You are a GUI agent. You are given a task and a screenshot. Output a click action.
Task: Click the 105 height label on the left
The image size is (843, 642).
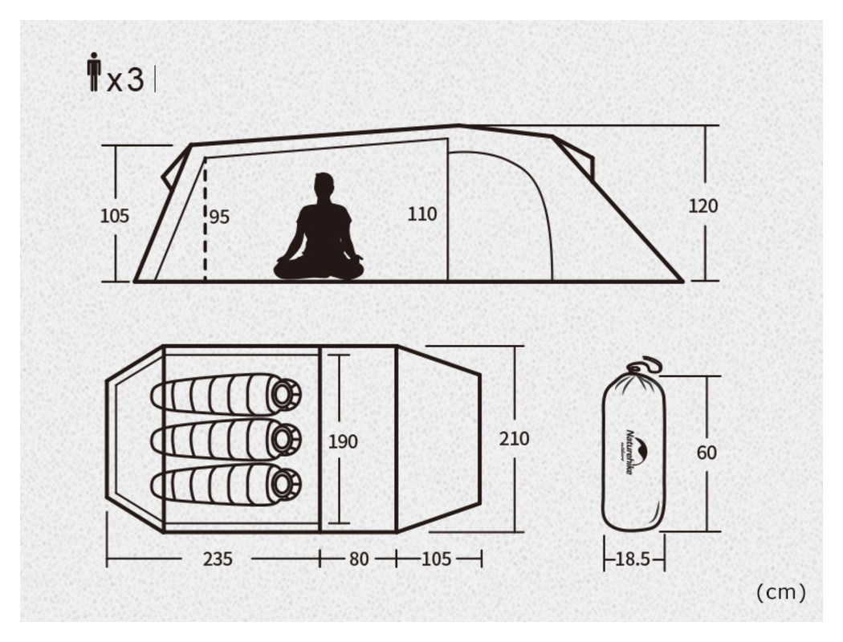[115, 216]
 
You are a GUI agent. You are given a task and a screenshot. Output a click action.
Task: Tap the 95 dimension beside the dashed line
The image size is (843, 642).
[219, 217]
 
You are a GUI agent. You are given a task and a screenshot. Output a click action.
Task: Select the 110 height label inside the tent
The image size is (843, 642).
[422, 214]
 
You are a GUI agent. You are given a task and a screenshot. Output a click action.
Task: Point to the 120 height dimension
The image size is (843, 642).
[703, 205]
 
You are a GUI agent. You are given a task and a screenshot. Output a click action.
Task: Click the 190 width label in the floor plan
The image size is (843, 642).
[343, 441]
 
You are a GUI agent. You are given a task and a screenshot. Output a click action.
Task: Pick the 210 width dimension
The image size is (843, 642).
[515, 439]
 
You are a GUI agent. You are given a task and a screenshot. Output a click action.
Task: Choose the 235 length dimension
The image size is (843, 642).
[218, 559]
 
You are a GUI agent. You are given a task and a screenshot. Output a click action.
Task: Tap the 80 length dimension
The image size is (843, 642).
[358, 559]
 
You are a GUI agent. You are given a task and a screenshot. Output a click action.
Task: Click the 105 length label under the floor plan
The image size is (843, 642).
[436, 559]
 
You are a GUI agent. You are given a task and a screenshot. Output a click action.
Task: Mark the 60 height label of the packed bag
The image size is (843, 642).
[707, 453]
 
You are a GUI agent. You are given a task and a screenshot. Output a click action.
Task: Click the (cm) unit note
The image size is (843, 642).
[780, 592]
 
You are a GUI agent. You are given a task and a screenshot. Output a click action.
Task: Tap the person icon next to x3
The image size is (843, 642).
[94, 71]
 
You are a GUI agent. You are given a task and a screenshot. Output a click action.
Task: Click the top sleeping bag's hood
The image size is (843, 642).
[283, 393]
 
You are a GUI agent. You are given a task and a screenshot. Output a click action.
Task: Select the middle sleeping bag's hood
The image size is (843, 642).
[283, 438]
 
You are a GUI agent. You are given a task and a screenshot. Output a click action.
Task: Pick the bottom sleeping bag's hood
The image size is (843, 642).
[283, 484]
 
